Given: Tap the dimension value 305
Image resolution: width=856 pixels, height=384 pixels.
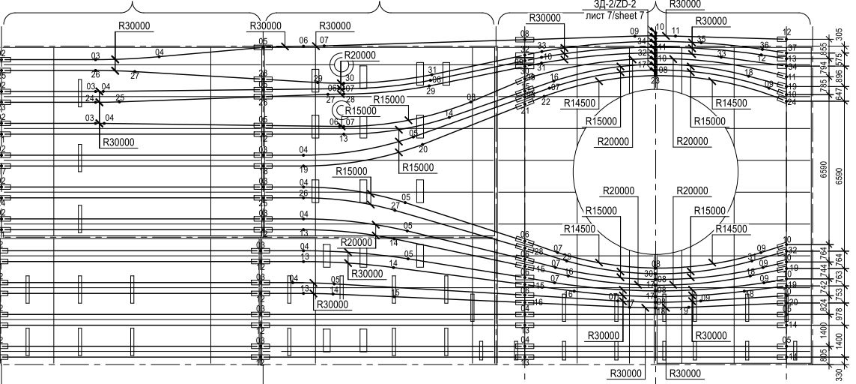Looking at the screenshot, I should point(840,34).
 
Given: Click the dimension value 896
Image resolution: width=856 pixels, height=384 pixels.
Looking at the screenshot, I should point(840,77).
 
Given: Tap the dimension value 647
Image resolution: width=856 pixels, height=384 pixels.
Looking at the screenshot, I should point(840,94).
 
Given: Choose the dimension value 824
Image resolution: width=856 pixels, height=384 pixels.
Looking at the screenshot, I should point(824,306).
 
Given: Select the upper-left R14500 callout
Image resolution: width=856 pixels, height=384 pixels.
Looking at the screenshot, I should point(580,103).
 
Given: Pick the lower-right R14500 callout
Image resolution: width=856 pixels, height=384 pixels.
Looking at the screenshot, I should point(731,229).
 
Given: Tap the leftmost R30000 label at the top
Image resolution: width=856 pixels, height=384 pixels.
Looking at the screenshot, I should point(134,26).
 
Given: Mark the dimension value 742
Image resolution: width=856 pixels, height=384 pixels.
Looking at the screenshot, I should point(824,286).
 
